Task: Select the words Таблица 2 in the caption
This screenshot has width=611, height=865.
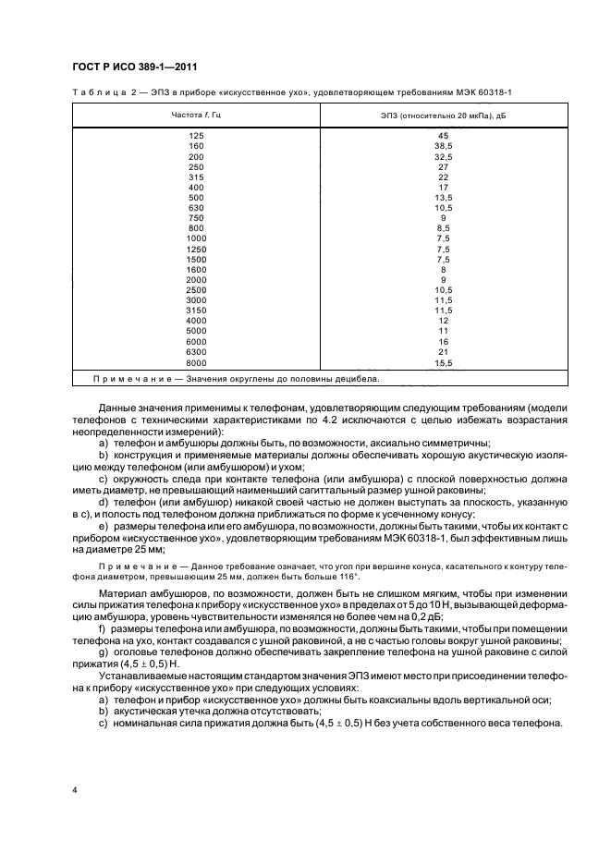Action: pos(99,92)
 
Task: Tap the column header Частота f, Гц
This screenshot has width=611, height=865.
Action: pos(196,115)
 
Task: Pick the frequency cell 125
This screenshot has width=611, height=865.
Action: pos(196,136)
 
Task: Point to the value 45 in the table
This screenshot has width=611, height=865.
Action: pos(444,136)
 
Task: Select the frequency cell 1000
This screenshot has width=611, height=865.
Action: pos(196,238)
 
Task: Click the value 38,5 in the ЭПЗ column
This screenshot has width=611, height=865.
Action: pos(444,146)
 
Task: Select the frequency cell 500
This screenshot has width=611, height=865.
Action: pos(196,197)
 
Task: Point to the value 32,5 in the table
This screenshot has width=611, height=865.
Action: pos(444,156)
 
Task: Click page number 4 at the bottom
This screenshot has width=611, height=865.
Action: pos(75,790)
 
